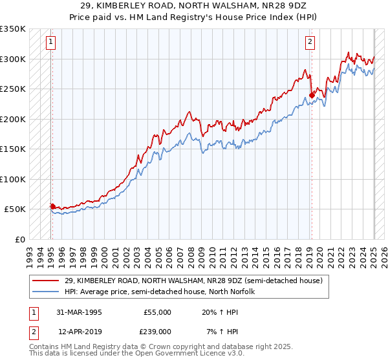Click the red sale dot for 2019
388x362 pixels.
(x=312, y=95)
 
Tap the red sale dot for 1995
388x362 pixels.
(x=52, y=206)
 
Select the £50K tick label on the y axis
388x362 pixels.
(x=15, y=209)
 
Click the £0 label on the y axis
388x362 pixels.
(x=20, y=239)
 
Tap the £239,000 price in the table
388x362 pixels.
(x=157, y=331)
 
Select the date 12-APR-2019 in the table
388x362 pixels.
(x=80, y=331)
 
